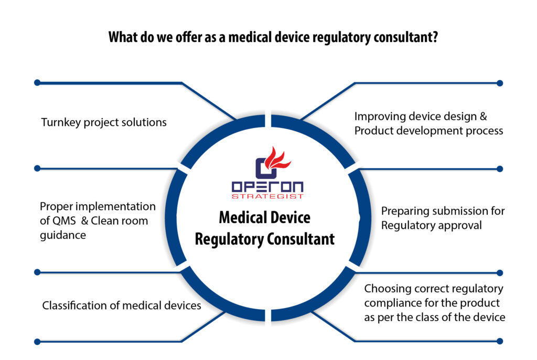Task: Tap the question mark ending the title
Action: point(435,38)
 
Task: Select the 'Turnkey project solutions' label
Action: point(104,122)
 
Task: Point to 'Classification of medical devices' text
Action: point(122,305)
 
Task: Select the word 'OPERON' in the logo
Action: point(267,186)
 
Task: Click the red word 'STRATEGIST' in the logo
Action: point(267,196)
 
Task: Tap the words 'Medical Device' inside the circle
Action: point(264,217)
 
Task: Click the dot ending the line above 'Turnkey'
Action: point(37,83)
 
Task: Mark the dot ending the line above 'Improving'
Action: point(500,83)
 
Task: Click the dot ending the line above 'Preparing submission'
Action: point(500,169)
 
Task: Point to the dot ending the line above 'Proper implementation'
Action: point(37,168)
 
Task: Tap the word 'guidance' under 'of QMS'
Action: point(63,235)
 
